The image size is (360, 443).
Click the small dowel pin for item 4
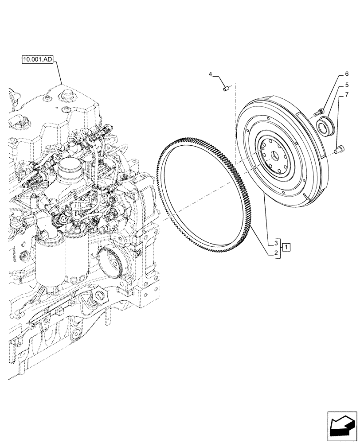pos(226,89)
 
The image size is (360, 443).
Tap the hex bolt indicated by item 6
pos(318,113)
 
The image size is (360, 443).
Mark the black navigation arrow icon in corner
pos(342,426)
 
